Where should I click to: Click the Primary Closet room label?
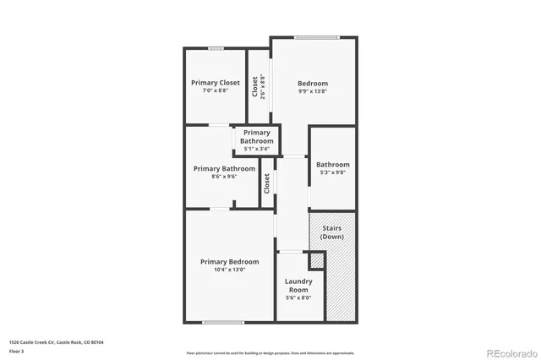point(216,83)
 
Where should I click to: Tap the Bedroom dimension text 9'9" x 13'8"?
point(312,91)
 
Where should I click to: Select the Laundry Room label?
point(298,286)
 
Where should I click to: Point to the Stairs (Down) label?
point(332,232)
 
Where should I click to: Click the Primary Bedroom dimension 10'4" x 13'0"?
point(224,270)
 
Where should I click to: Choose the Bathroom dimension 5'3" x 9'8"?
point(332,172)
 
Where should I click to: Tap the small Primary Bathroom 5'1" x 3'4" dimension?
point(257,149)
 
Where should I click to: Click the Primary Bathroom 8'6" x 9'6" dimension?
point(224,177)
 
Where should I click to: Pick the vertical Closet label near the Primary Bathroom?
point(267,183)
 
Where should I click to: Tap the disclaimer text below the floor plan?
point(270,352)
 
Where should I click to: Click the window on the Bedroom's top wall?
point(316,37)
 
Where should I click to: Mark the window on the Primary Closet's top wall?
point(216,48)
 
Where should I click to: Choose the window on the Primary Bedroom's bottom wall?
point(223,322)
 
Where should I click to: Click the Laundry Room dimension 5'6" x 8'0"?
point(298,297)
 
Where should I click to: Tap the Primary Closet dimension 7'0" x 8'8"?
point(216,90)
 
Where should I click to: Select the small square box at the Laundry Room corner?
point(317,260)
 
